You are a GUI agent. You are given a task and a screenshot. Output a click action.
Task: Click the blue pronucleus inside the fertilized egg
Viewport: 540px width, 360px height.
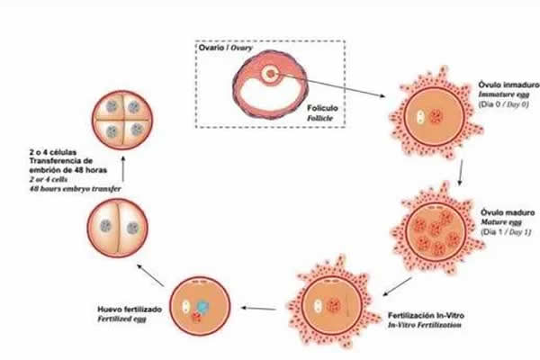tap(202, 308)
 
